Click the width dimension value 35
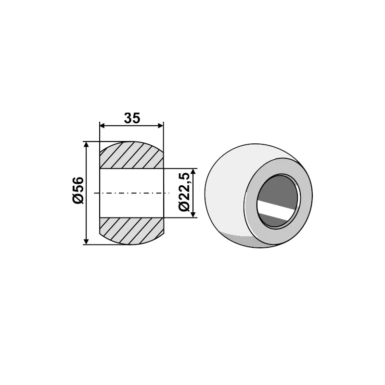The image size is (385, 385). pos(131,117)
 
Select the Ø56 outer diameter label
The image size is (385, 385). pos(78,191)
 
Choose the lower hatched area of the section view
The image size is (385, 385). pos(131,230)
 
